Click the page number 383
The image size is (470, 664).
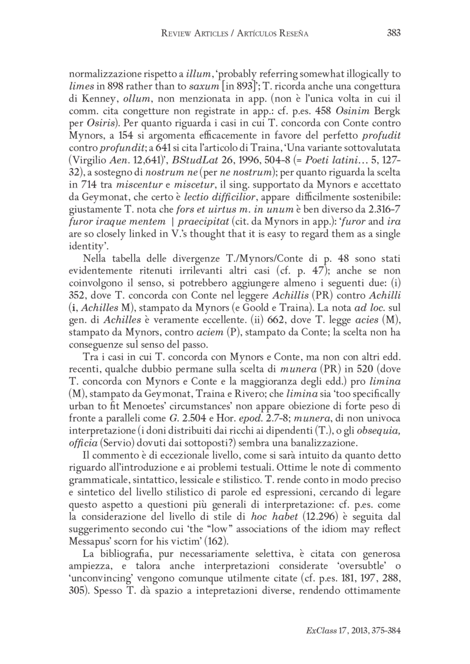[x=393, y=33]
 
